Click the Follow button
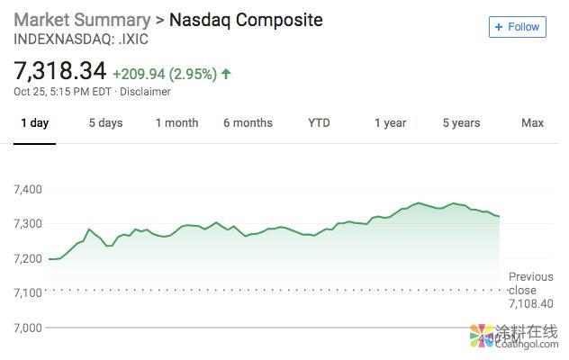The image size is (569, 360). [518, 27]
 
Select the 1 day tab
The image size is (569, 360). [35, 123]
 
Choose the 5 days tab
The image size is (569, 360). [105, 123]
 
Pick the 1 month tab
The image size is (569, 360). [176, 123]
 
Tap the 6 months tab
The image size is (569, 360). [248, 123]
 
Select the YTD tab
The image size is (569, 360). [319, 123]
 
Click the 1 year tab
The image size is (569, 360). [390, 123]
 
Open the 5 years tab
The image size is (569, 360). [461, 123]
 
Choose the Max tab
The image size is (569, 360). [532, 123]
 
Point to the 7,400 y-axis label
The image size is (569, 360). [29, 189]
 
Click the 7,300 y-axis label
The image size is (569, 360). [29, 224]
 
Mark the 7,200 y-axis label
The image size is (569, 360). [29, 259]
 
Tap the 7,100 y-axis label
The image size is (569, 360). [29, 293]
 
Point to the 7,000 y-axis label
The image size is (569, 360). [29, 328]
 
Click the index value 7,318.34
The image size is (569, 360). [59, 71]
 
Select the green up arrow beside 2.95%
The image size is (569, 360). [226, 74]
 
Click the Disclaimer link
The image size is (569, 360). [145, 92]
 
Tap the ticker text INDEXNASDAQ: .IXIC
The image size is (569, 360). [81, 40]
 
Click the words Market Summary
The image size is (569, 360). [82, 19]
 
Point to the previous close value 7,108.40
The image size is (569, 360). [531, 304]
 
